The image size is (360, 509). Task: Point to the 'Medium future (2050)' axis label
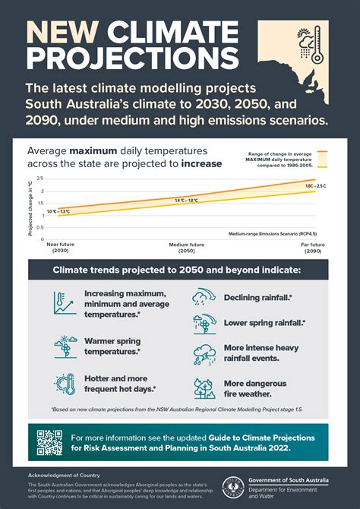coord(187,248)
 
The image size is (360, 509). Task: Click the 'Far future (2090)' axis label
coord(313,248)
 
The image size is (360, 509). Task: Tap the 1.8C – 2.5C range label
coord(314,186)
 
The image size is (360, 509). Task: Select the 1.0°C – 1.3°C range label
coord(58,211)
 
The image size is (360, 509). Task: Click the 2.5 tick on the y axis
coord(40,179)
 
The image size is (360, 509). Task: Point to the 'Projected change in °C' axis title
coord(31,207)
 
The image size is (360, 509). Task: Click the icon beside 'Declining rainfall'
coord(204,296)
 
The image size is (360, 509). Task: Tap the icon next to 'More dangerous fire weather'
coord(204,388)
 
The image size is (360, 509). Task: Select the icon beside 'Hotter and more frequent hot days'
coord(65,383)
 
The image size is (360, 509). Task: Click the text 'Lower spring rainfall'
coord(264,323)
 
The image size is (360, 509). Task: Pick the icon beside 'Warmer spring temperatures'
coord(65,346)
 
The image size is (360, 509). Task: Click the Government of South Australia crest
coord(236,486)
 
